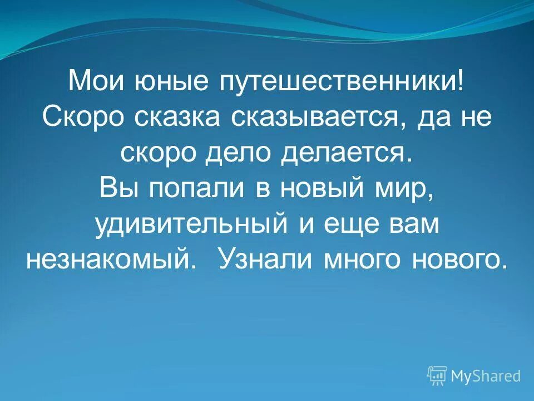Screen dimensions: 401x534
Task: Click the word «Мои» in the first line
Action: pyautogui.click(x=96, y=83)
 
